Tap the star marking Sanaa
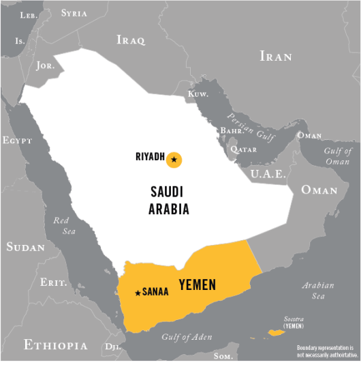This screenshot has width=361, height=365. (x=138, y=293)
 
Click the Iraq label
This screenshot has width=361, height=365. (x=131, y=40)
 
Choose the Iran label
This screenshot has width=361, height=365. (x=276, y=56)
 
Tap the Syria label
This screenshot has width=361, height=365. (x=74, y=13)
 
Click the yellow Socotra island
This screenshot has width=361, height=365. (x=277, y=332)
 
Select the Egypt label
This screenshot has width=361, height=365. (x=17, y=141)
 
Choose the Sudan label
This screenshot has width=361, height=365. (x=25, y=246)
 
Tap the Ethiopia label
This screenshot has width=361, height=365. (x=56, y=345)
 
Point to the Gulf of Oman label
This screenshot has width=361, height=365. (x=337, y=156)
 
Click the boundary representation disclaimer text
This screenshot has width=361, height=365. (x=327, y=351)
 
